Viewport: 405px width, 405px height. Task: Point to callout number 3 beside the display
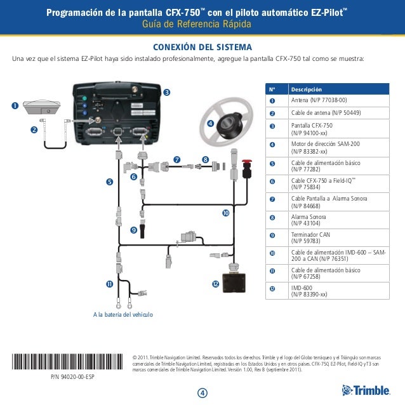(x=166, y=93)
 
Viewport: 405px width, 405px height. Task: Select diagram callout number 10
(x=225, y=213)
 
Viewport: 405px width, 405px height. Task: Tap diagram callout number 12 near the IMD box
(x=215, y=283)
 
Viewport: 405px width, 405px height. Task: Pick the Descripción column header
(x=306, y=90)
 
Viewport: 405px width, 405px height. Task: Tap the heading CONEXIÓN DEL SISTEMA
(x=202, y=48)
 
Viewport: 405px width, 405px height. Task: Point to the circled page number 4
(x=202, y=392)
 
